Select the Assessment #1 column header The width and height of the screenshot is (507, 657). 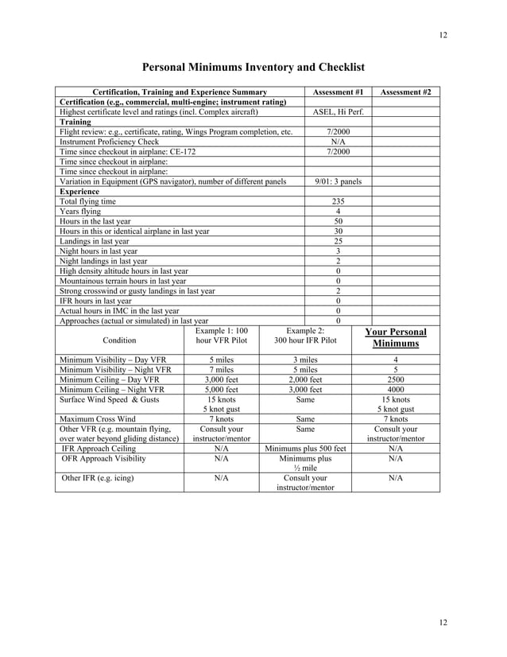[339, 92]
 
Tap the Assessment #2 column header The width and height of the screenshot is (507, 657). [406, 92]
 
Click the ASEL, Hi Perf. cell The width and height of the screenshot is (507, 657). [339, 112]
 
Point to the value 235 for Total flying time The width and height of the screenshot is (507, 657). [339, 201]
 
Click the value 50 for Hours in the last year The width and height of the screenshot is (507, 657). [339, 220]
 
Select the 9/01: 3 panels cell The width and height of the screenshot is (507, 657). [339, 181]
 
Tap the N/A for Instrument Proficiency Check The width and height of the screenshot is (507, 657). [339, 142]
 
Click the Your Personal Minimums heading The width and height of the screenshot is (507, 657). [396, 337]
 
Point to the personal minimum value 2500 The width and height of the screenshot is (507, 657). [396, 379]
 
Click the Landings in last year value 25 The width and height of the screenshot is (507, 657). [339, 241]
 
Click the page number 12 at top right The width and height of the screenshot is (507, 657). [442, 35]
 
